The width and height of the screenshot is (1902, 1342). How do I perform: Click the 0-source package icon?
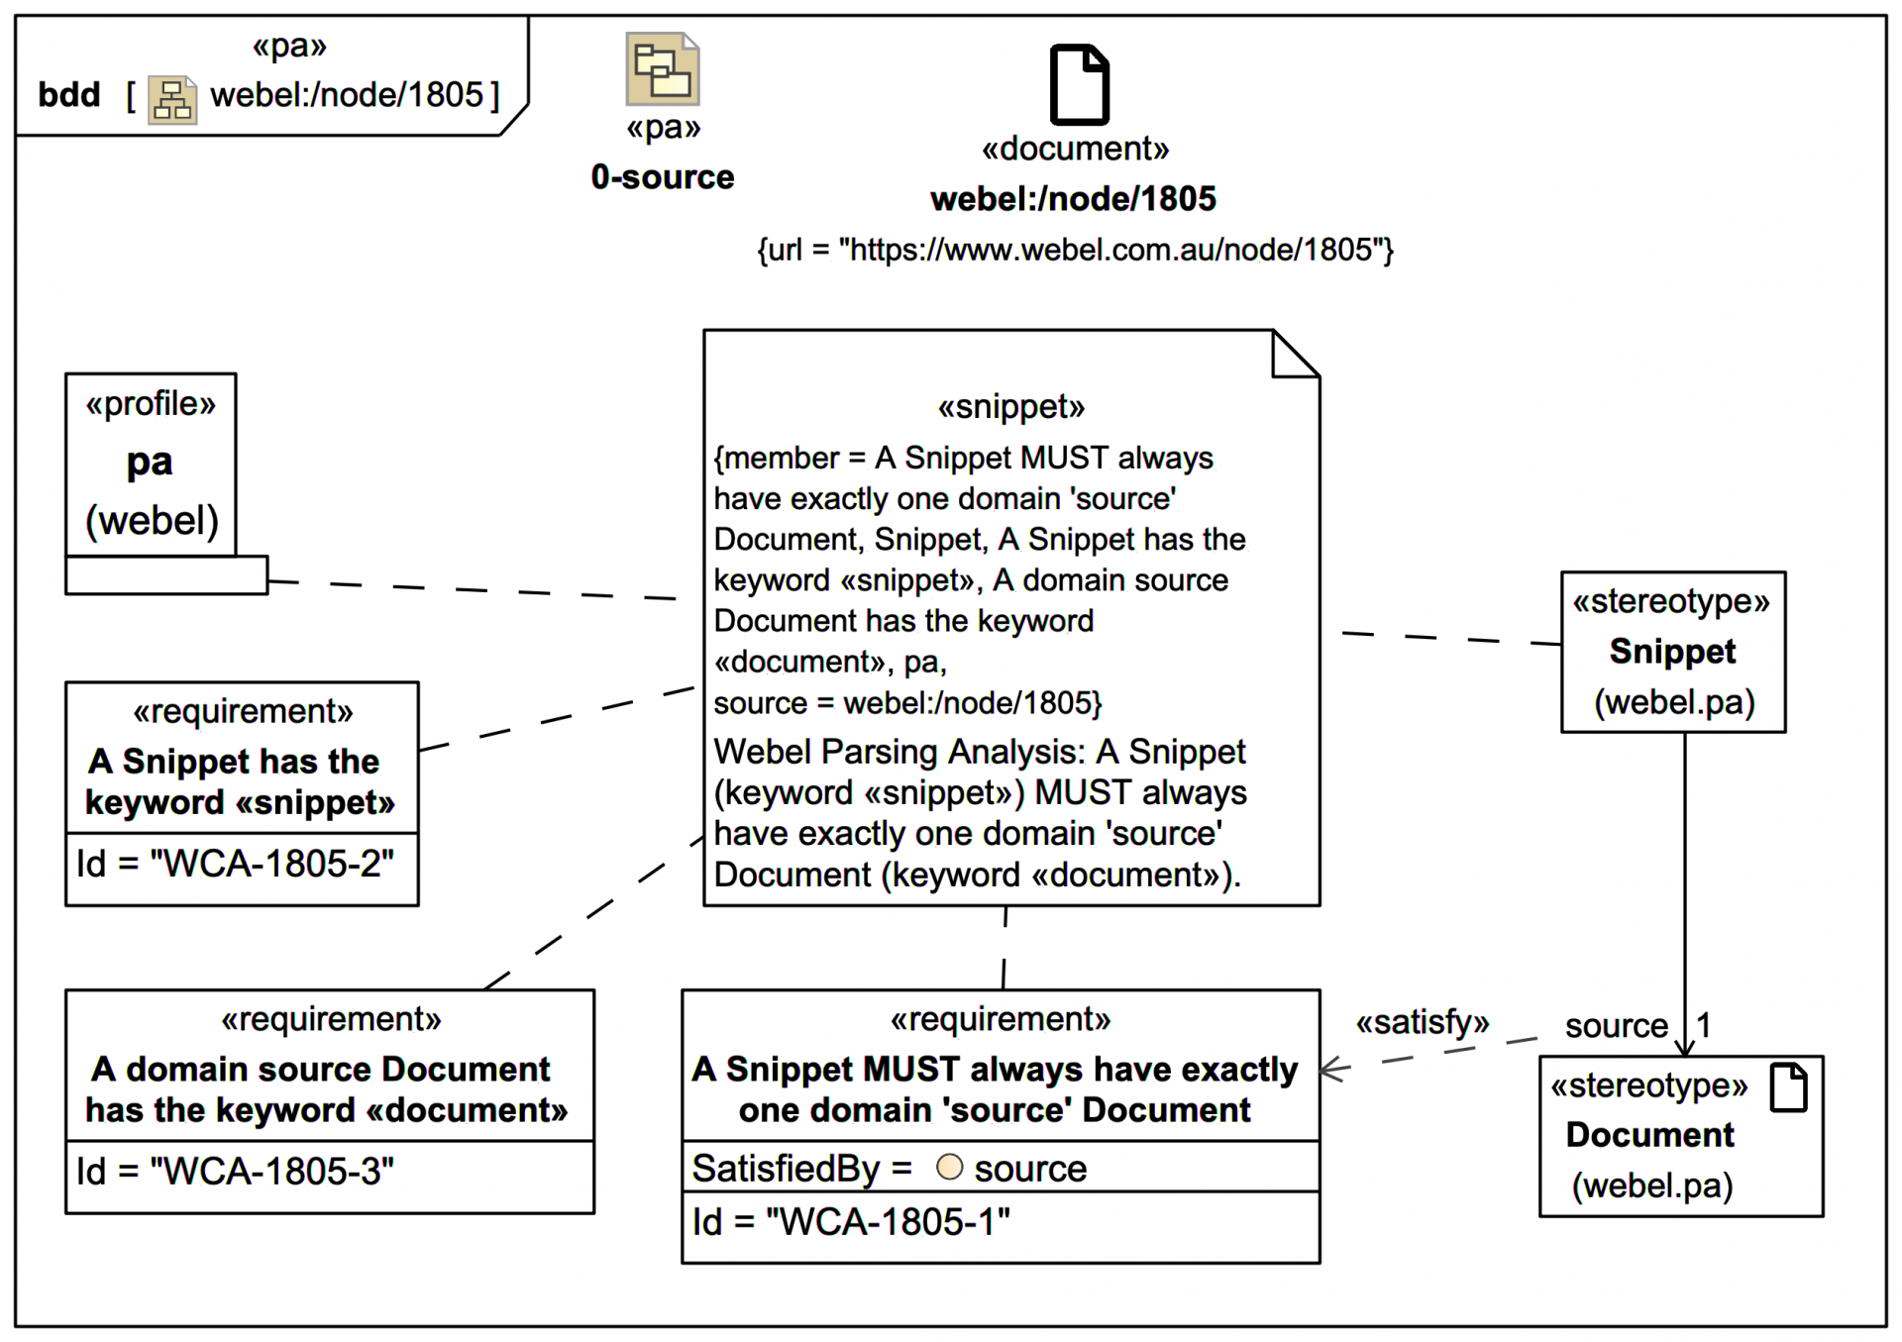(662, 69)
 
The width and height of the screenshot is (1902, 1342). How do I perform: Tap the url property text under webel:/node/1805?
(1075, 250)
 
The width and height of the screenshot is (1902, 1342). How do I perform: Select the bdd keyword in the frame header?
(68, 95)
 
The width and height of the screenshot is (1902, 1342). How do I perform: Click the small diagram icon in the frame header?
(172, 99)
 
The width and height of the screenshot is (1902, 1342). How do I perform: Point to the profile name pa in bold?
(150, 462)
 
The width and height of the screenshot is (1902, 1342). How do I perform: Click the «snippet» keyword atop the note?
(1010, 407)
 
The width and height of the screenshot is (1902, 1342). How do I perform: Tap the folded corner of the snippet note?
(1296, 354)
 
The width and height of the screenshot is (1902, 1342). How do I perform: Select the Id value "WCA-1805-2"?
(271, 864)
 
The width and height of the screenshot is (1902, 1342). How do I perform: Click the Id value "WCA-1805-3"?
(271, 1172)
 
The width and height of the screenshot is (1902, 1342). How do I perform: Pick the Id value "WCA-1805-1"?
(888, 1222)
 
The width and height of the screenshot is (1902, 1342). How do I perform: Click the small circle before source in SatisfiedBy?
(949, 1168)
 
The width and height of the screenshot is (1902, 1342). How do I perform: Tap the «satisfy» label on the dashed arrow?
(1422, 1022)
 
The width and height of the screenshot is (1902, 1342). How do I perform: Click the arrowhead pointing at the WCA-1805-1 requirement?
(1331, 1070)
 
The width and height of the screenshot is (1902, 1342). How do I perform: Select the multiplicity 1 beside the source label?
(1704, 1024)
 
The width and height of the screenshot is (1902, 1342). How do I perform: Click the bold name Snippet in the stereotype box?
(1672, 652)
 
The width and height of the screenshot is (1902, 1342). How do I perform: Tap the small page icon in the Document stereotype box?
(1788, 1087)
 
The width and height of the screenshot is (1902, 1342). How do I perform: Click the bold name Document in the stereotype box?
(1649, 1135)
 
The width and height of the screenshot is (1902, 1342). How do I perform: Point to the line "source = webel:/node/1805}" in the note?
(907, 703)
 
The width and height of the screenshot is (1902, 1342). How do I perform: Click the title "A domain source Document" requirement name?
(320, 1070)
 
